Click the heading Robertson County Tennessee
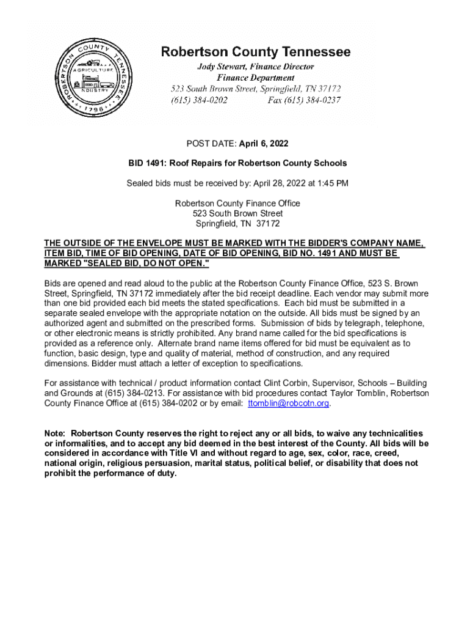(256, 53)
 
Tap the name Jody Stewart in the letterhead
(221, 66)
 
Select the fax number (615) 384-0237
(304, 100)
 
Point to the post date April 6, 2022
(262, 144)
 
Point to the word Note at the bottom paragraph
(55, 433)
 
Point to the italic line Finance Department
(256, 78)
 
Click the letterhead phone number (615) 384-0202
(199, 100)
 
